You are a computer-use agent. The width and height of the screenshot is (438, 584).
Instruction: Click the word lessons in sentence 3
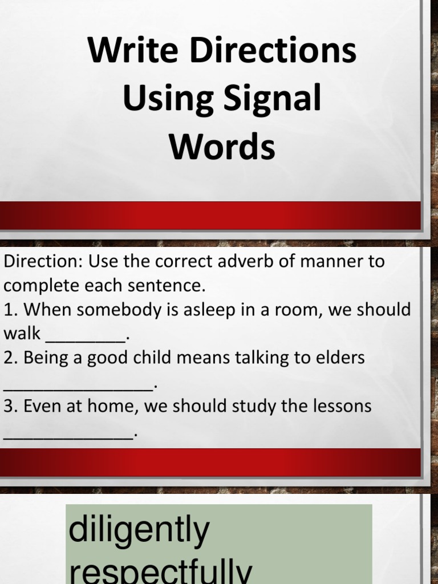(x=342, y=407)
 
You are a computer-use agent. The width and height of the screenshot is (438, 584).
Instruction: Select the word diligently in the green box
(x=139, y=530)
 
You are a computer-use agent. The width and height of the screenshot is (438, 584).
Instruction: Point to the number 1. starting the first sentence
(x=10, y=310)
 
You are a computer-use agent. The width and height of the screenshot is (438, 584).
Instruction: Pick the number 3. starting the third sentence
(x=10, y=407)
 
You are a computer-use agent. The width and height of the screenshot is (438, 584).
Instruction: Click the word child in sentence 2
(x=150, y=358)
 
